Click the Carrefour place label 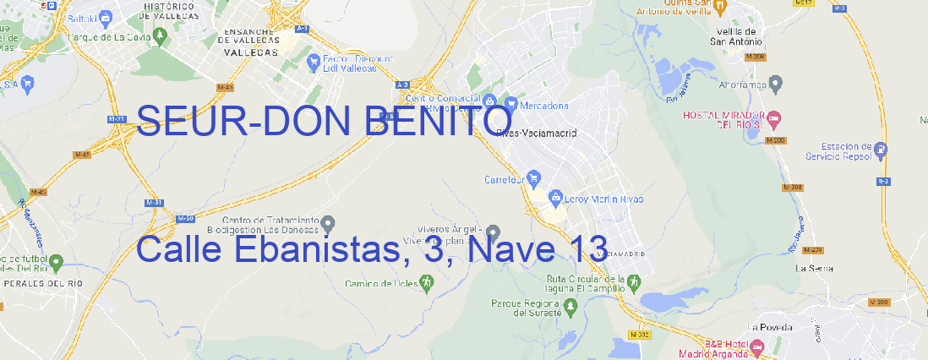point(505,179)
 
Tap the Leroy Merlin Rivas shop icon point(555,199)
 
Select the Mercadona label point(543,106)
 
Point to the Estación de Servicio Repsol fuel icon point(882,150)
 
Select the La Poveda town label point(770,327)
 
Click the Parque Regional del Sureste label point(527,307)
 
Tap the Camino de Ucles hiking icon point(426,283)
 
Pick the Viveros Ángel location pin point(494,232)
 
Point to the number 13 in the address point(588,249)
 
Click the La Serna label point(814,268)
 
